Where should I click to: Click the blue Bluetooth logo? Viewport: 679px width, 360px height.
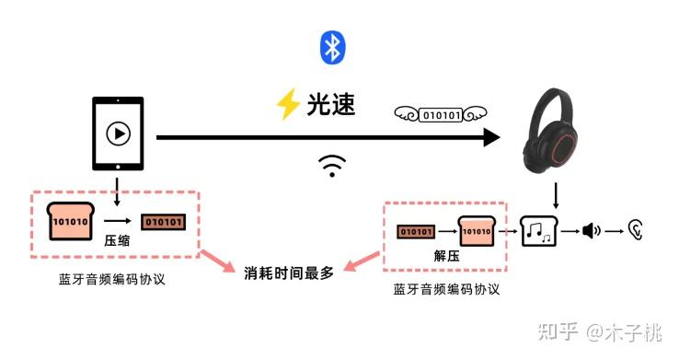coord(332,48)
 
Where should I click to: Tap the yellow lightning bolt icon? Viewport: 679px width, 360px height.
coord(288,104)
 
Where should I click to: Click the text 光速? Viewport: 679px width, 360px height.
coord(331,104)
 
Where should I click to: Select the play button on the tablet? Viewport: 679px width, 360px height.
coord(118,133)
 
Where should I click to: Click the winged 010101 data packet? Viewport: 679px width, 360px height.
coord(441,115)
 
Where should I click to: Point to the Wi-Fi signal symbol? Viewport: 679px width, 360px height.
coord(332,166)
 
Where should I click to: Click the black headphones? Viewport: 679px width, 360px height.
coord(550,131)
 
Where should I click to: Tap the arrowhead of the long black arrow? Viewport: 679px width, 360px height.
coord(492,137)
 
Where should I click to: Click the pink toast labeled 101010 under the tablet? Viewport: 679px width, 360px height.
coord(71,221)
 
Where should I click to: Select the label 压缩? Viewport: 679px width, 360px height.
coord(117,240)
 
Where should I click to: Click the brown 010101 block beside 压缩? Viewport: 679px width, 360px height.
coord(163,222)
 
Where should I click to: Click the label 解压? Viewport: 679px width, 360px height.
coord(446,256)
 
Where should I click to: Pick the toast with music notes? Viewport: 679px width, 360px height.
coord(539,231)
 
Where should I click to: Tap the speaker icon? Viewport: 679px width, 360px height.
coord(591,231)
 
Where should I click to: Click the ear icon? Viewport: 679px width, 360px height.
coord(636,230)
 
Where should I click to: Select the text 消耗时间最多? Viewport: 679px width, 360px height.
coord(289,273)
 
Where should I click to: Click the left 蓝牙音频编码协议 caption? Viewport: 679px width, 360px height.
coord(112,279)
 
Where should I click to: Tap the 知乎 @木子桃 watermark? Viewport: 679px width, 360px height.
coord(600,332)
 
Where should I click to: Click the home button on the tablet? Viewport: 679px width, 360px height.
coord(118,167)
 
